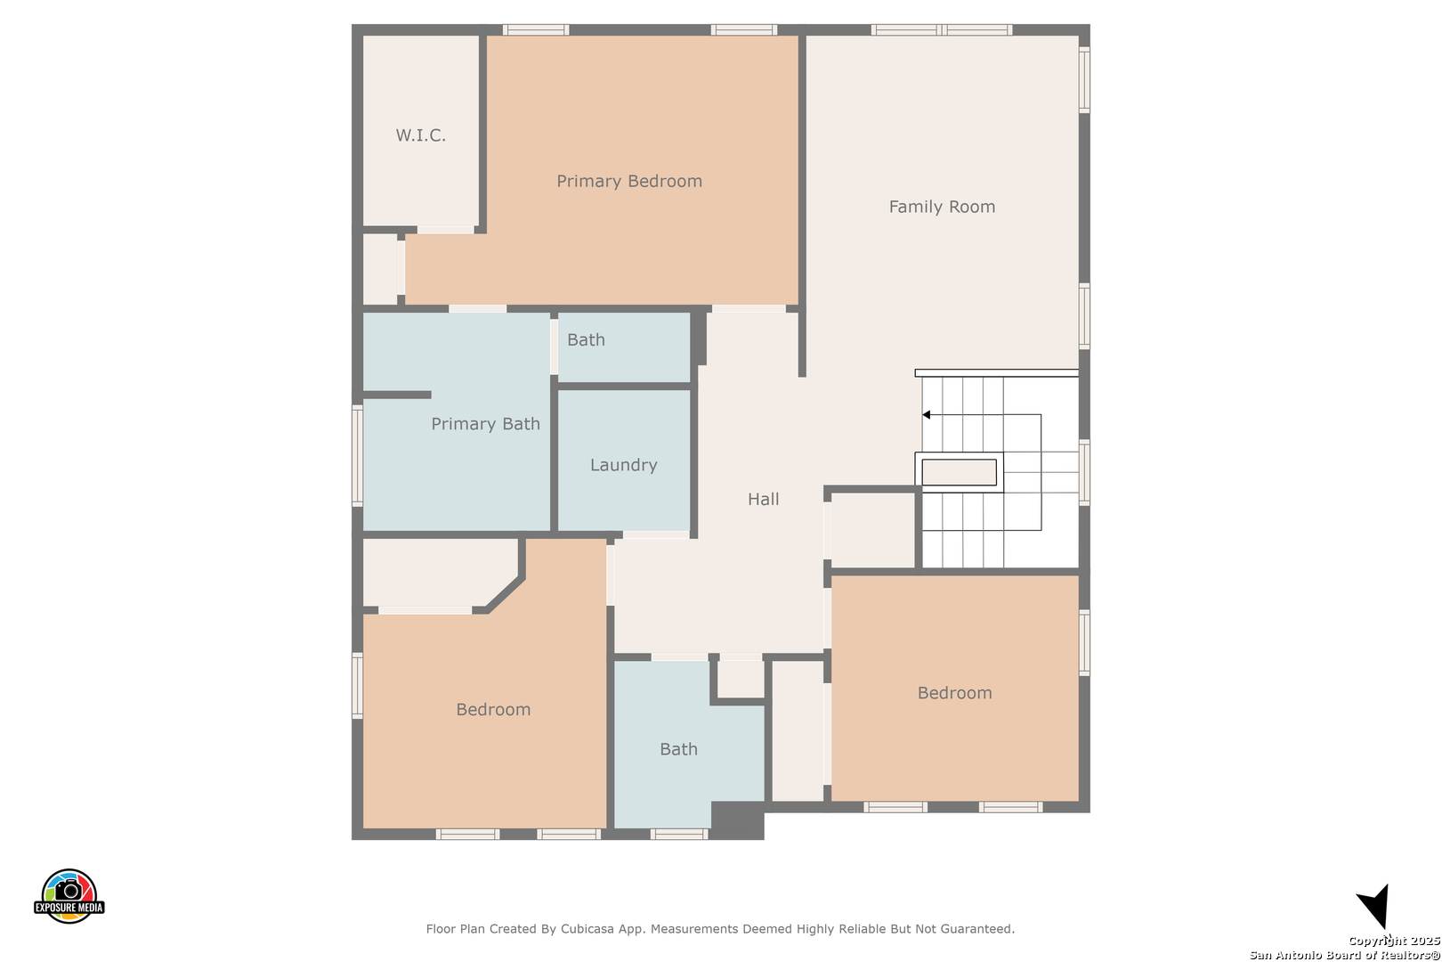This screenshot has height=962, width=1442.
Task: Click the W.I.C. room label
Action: pyautogui.click(x=420, y=135)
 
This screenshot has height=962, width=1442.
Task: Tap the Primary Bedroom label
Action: pyautogui.click(x=629, y=181)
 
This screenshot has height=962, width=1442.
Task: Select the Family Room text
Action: pyautogui.click(x=942, y=207)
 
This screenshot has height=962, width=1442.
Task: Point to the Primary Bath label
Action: pyautogui.click(x=485, y=424)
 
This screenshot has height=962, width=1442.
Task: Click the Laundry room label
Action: pyautogui.click(x=624, y=465)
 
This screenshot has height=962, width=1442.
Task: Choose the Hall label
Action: pyautogui.click(x=764, y=500)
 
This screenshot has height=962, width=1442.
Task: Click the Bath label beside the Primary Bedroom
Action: pyautogui.click(x=586, y=339)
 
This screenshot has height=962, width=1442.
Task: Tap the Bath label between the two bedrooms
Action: pyautogui.click(x=678, y=749)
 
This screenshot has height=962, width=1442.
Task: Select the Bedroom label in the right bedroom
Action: pyautogui.click(x=955, y=693)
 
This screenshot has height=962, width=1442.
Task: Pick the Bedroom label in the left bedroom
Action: pyautogui.click(x=493, y=710)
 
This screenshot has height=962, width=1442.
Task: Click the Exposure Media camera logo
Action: pyautogui.click(x=69, y=895)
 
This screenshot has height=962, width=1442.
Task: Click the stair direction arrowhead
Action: pyautogui.click(x=927, y=415)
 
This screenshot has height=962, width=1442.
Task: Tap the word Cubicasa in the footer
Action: pyautogui.click(x=587, y=929)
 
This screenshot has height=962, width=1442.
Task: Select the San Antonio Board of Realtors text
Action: pyautogui.click(x=1345, y=955)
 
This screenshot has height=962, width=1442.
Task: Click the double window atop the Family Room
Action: pyautogui.click(x=942, y=29)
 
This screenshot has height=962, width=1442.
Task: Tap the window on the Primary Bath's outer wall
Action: pyautogui.click(x=357, y=455)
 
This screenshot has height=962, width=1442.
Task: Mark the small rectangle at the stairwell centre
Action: pyautogui.click(x=960, y=472)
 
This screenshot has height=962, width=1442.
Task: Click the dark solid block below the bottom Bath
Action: pyautogui.click(x=737, y=820)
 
